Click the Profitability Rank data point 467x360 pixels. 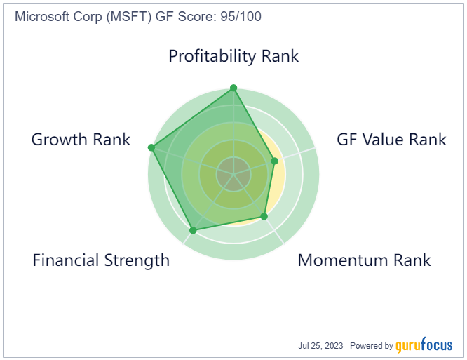pos(233,88)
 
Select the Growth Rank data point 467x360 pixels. pos(151,147)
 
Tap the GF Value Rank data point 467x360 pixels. pos(275,161)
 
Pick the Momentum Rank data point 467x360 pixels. pos(264,216)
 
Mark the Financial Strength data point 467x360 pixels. pos(193,230)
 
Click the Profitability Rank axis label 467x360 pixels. pos(233,56)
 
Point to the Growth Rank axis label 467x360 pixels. pos(81,140)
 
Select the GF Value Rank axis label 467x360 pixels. pos(391,140)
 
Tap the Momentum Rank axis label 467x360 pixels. pos(364,260)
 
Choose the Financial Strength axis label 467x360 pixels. pos(101,260)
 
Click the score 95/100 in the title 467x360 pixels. pos(241,16)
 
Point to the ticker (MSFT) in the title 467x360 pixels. pos(129,17)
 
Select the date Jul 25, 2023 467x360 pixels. pos(320,346)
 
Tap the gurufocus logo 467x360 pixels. pos(424,345)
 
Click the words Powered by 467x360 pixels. pos(372,346)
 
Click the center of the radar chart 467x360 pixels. pos(233,173)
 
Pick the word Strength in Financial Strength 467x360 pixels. pos(137,260)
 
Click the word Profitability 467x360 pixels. pos(210,56)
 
